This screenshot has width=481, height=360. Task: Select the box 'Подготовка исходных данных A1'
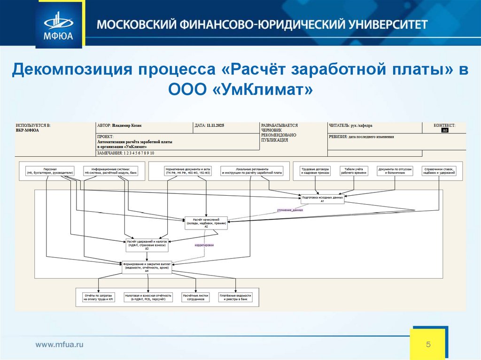point(322,199)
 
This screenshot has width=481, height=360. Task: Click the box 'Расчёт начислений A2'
point(206,222)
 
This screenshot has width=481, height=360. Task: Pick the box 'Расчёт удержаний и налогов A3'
point(147,245)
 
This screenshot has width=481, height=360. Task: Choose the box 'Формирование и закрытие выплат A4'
point(147,267)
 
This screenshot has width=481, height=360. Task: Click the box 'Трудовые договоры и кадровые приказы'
point(315,171)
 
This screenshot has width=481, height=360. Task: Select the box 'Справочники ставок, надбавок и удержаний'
point(439,171)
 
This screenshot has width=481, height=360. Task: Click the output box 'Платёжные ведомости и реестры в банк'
point(235,297)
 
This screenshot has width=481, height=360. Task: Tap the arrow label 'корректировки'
point(204,245)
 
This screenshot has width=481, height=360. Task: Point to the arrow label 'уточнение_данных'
point(290,210)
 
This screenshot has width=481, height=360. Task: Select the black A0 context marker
point(445,130)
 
